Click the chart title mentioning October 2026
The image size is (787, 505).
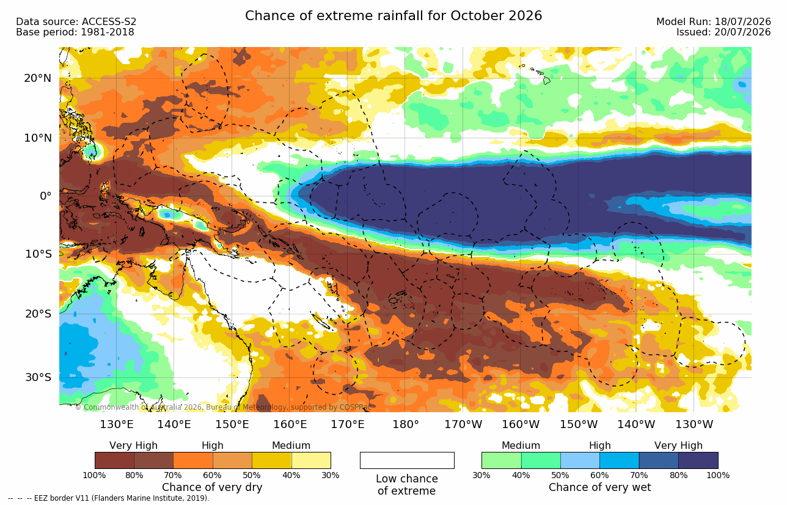click(x=393, y=16)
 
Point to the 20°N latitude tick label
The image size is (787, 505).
click(x=38, y=78)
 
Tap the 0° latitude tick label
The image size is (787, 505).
click(x=46, y=196)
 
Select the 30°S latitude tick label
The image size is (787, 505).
click(x=38, y=377)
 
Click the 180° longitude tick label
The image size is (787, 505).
click(x=406, y=424)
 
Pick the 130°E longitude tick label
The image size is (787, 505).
click(x=117, y=424)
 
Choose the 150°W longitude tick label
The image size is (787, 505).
click(x=578, y=424)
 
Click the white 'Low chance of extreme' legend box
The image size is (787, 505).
click(x=407, y=460)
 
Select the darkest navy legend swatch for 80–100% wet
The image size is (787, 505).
click(x=698, y=460)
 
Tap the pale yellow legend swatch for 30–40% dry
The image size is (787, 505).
click(x=311, y=460)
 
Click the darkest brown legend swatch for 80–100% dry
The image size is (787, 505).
click(x=114, y=460)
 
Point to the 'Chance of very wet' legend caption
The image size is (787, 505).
click(x=600, y=487)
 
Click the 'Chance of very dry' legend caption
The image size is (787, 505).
click(x=212, y=487)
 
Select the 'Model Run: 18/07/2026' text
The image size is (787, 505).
click(x=714, y=22)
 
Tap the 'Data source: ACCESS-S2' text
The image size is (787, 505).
click(x=76, y=22)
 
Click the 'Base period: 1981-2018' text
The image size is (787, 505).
click(x=75, y=32)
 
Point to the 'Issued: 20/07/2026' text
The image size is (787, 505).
click(x=723, y=32)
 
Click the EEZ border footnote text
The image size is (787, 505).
click(x=109, y=498)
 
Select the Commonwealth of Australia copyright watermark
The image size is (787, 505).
click(x=223, y=407)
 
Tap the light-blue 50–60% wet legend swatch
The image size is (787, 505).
click(x=580, y=460)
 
